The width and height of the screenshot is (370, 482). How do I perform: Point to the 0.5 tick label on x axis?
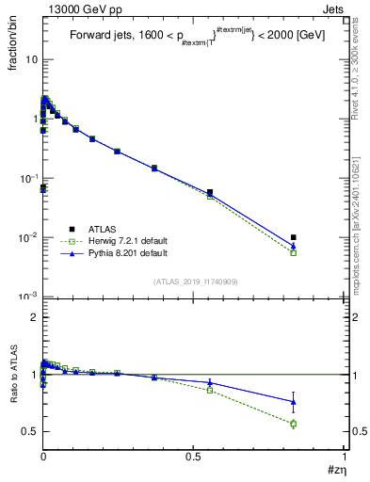coord(194,456)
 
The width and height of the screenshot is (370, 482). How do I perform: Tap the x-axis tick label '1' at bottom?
coord(346,456)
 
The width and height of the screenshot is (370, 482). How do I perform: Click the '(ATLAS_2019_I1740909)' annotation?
coord(194,281)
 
